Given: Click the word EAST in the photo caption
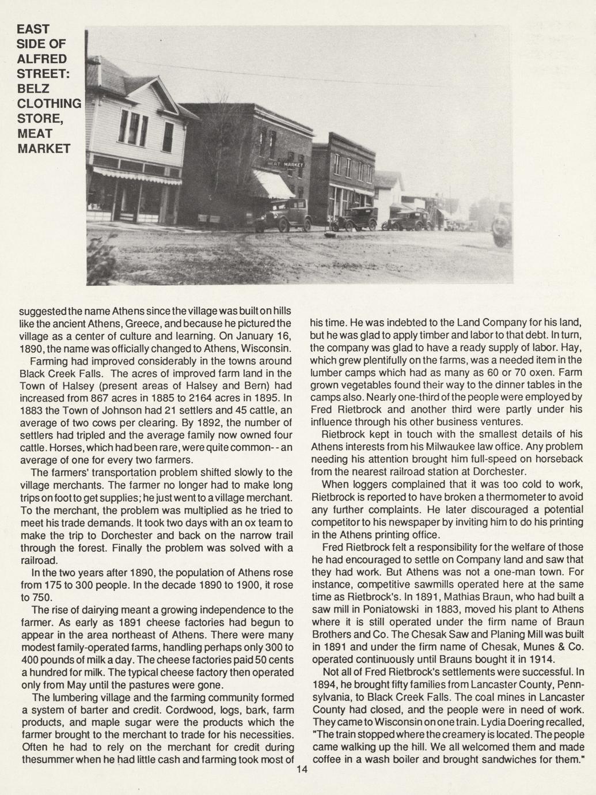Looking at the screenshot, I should coord(33,28).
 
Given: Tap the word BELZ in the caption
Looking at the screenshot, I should coord(33,88).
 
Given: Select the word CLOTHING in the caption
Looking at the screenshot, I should coord(49,104).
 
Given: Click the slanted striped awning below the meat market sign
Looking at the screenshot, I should coord(273,184).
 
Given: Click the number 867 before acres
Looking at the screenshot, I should coord(114,397).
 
